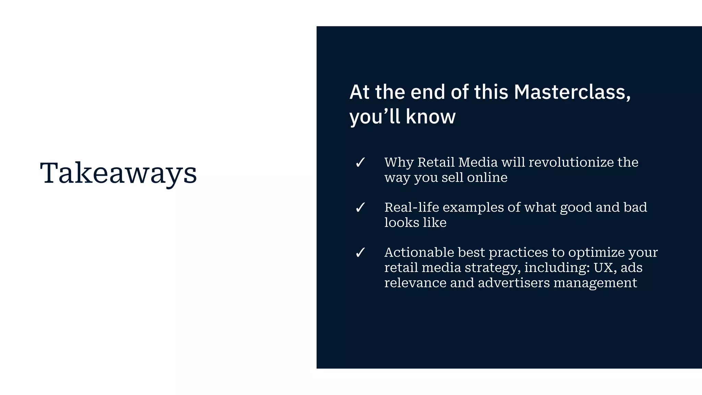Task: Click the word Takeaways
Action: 118,173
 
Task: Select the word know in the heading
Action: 431,117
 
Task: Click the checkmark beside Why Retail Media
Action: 360,163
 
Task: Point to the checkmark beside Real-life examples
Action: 360,207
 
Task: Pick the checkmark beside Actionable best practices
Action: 360,253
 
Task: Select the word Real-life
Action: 411,207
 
